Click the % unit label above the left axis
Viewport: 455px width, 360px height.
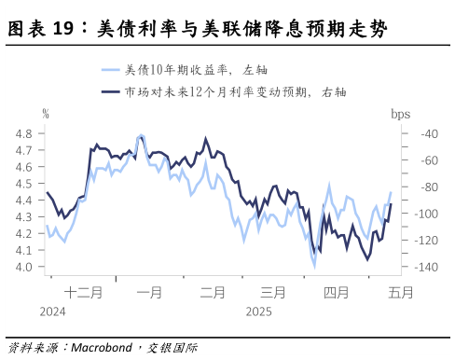[x=45, y=114]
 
